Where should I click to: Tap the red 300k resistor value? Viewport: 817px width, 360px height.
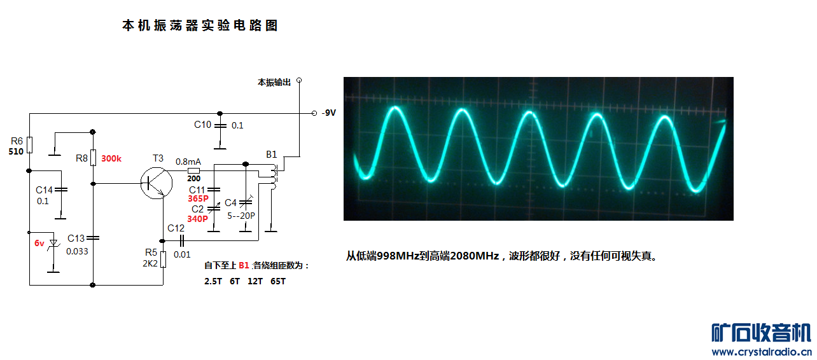pyautogui.click(x=111, y=158)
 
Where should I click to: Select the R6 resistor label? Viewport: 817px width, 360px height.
pyautogui.click(x=17, y=141)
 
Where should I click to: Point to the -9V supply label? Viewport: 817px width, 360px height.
pyautogui.click(x=328, y=113)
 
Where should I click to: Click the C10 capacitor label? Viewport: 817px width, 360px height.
pyautogui.click(x=203, y=125)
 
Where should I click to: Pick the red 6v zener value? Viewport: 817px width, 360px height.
pyautogui.click(x=39, y=243)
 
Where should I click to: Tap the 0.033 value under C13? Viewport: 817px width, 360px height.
pyautogui.click(x=77, y=251)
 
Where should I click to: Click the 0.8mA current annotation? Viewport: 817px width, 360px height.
pyautogui.click(x=188, y=161)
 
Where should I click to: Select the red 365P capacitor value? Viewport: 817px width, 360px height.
pyautogui.click(x=198, y=198)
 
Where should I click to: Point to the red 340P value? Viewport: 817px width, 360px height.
pyautogui.click(x=197, y=218)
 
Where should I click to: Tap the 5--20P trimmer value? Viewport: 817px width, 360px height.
pyautogui.click(x=242, y=216)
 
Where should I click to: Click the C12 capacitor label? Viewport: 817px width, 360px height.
pyautogui.click(x=176, y=228)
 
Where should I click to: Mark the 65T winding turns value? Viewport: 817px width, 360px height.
pyautogui.click(x=278, y=280)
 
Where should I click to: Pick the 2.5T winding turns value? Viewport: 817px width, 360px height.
pyautogui.click(x=214, y=280)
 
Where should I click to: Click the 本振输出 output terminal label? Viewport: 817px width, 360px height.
pyautogui.click(x=274, y=82)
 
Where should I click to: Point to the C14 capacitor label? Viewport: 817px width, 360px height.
pyautogui.click(x=44, y=190)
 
